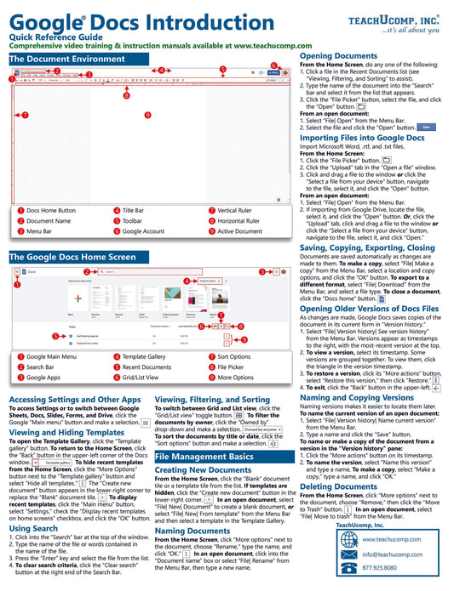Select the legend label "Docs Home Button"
(x=50, y=210)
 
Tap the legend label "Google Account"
(x=143, y=230)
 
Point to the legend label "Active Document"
(x=240, y=230)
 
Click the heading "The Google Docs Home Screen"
(x=72, y=256)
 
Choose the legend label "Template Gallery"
(x=144, y=357)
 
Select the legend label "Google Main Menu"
(x=54, y=357)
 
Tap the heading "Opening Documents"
(x=338, y=55)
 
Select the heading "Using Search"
(x=34, y=528)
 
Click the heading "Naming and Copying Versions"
(x=356, y=397)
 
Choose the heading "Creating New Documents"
(x=203, y=469)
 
